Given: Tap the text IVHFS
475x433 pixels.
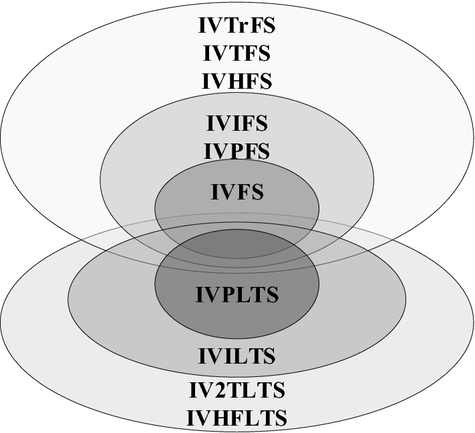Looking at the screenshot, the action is pyautogui.click(x=237, y=81).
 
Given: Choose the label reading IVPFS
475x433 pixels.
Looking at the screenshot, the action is pyautogui.click(x=237, y=151).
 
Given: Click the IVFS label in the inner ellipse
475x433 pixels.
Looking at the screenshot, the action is pyautogui.click(x=237, y=192).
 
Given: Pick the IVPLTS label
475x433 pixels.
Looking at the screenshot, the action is pyautogui.click(x=237, y=294).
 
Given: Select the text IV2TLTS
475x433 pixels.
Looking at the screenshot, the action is pyautogui.click(x=237, y=389).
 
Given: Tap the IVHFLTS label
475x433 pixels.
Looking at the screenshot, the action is pyautogui.click(x=237, y=418).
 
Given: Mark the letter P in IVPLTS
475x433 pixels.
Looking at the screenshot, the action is pyautogui.click(x=227, y=294).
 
